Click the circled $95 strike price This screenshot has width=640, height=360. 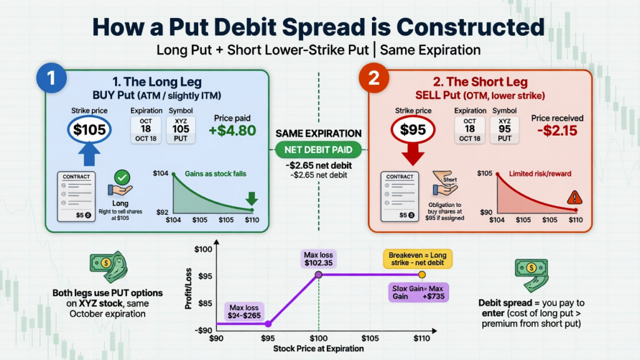click(412, 131)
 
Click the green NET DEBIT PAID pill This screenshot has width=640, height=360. click(319, 150)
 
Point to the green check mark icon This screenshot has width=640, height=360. click(122, 177)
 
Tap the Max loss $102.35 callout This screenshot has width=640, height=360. click(318, 259)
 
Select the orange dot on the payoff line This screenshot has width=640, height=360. click(422, 274)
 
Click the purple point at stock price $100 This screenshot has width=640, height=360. click(319, 274)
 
